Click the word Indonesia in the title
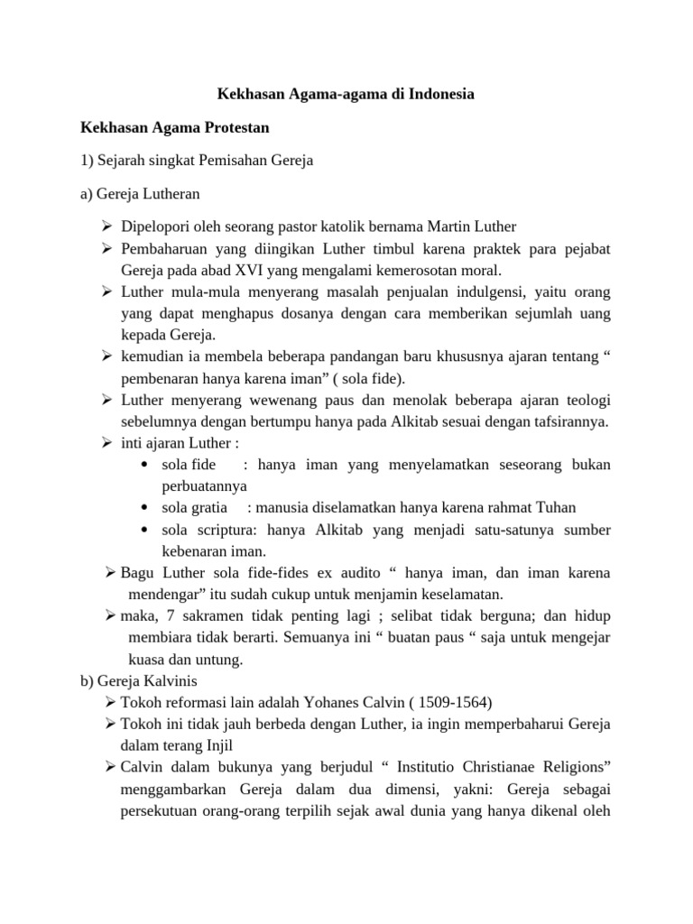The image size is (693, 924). [x=439, y=93]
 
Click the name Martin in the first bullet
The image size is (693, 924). [x=435, y=226]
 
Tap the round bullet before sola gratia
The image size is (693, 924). [x=145, y=507]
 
